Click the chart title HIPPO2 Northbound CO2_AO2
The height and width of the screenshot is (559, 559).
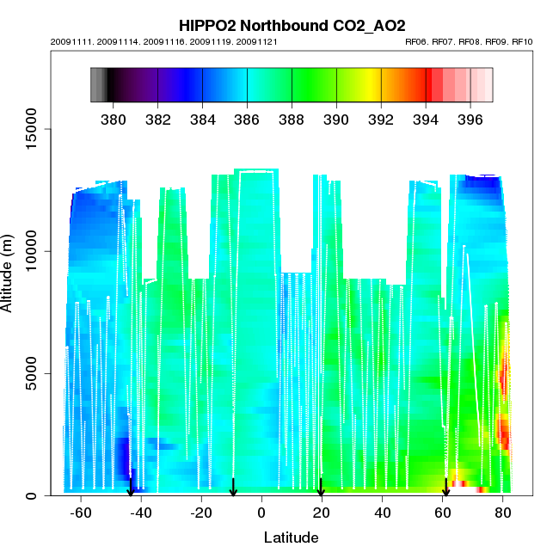click(292, 26)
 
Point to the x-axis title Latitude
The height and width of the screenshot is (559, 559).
click(291, 537)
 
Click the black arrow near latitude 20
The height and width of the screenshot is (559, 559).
click(321, 488)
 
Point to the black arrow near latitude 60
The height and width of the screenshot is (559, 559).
click(445, 488)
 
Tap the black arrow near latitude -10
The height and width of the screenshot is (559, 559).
click(233, 488)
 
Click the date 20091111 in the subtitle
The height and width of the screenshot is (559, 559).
click(68, 41)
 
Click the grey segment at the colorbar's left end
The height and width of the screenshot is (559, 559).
click(96, 84)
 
